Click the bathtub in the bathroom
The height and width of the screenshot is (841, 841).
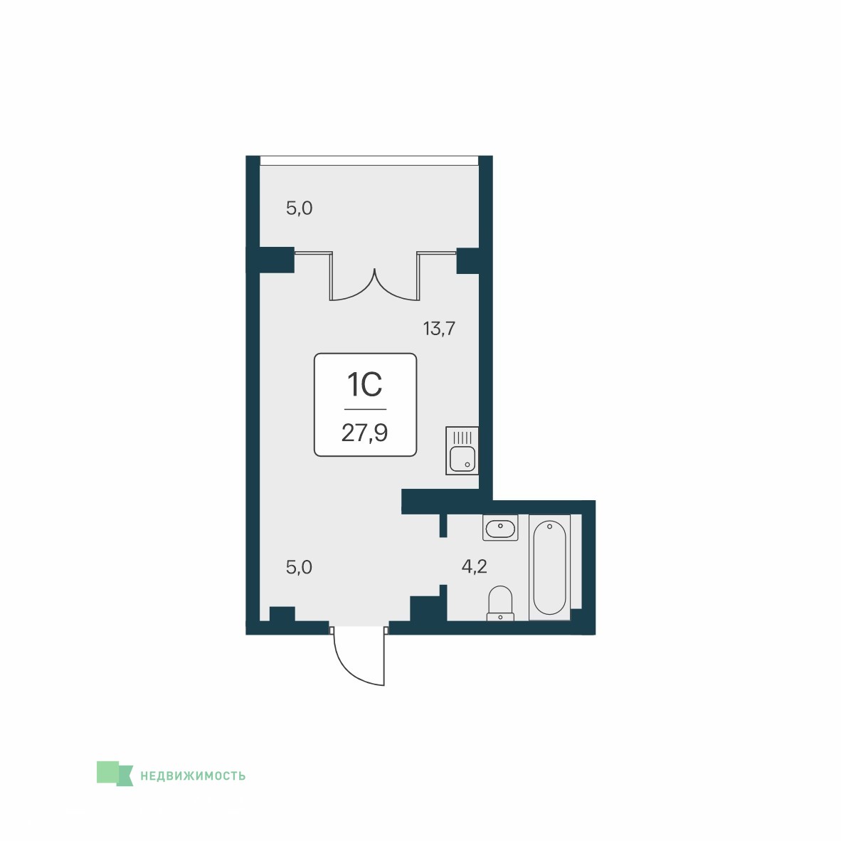pyautogui.click(x=549, y=567)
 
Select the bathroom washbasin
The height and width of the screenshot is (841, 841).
pyautogui.click(x=500, y=527)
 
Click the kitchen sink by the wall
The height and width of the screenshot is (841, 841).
pyautogui.click(x=462, y=450)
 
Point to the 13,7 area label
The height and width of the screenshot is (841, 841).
pyautogui.click(x=439, y=328)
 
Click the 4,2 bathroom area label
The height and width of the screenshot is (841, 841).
pyautogui.click(x=474, y=566)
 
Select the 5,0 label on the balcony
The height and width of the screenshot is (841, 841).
pyautogui.click(x=300, y=208)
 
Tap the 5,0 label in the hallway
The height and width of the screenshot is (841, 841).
pyautogui.click(x=300, y=567)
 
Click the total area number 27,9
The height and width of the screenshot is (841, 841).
pyautogui.click(x=365, y=433)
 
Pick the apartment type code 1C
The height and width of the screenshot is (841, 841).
pyautogui.click(x=365, y=384)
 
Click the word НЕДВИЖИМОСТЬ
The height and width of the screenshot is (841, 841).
pyautogui.click(x=193, y=776)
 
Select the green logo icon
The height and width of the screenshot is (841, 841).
pyautogui.click(x=115, y=773)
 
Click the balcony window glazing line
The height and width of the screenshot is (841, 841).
pyautogui.click(x=369, y=160)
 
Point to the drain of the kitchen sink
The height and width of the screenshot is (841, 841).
pyautogui.click(x=467, y=465)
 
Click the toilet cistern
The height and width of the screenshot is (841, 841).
pyautogui.click(x=500, y=617)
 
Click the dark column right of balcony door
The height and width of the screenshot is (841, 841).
pyautogui.click(x=467, y=260)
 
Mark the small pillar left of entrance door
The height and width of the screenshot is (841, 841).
pyautogui.click(x=282, y=613)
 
